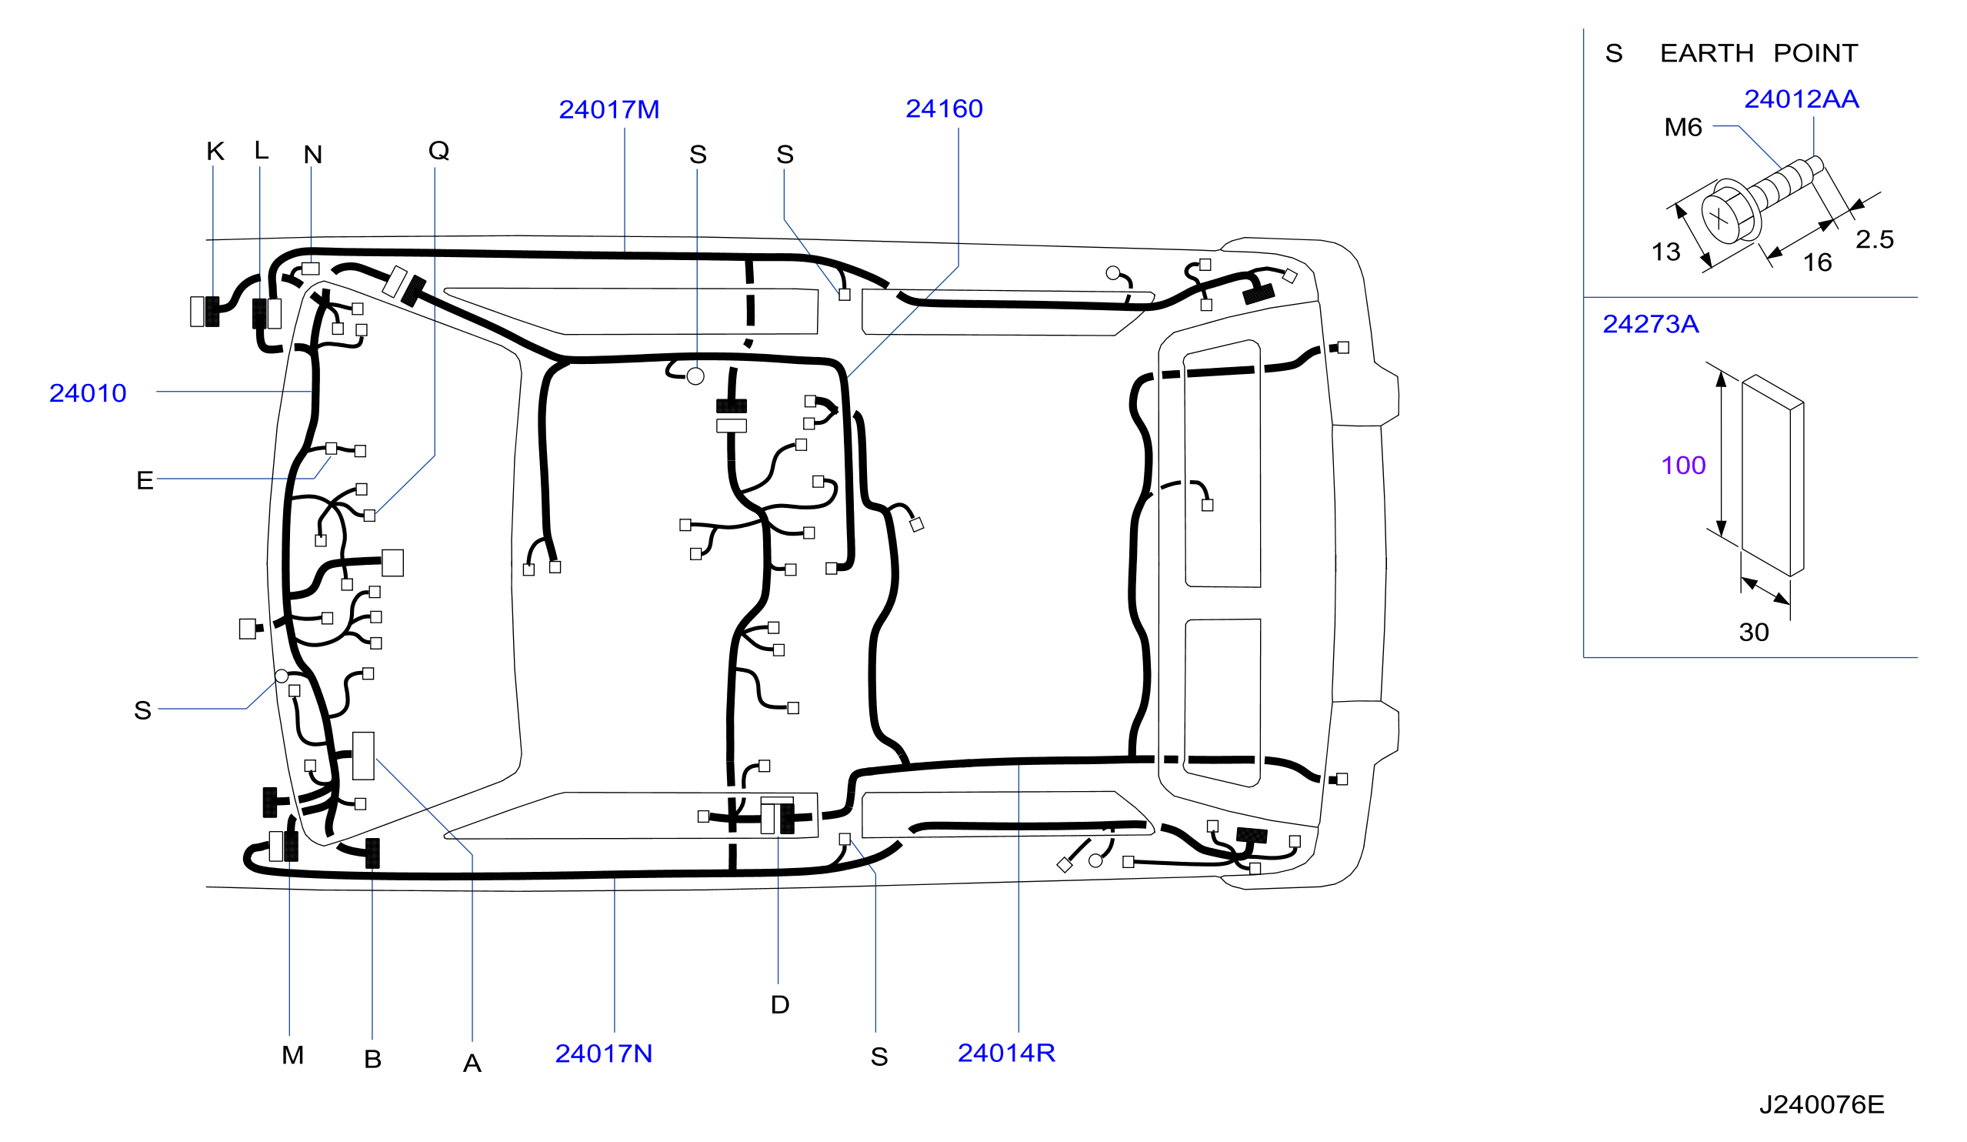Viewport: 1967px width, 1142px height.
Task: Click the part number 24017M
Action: pyautogui.click(x=608, y=110)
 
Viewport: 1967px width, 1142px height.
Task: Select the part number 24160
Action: pyautogui.click(x=944, y=109)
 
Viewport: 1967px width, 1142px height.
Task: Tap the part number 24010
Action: pyautogui.click(x=88, y=393)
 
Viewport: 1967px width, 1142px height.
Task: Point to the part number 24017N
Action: pyautogui.click(x=603, y=1054)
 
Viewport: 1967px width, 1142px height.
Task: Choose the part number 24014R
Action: pyautogui.click(x=1006, y=1053)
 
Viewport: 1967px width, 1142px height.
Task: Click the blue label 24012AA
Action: pyautogui.click(x=1802, y=99)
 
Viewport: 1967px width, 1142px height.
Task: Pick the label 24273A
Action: pyautogui.click(x=1651, y=324)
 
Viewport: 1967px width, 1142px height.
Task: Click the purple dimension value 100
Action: pyautogui.click(x=1684, y=466)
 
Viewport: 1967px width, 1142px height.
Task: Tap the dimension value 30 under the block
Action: pyautogui.click(x=1754, y=633)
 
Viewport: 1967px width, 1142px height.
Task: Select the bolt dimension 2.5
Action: pyautogui.click(x=1875, y=239)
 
